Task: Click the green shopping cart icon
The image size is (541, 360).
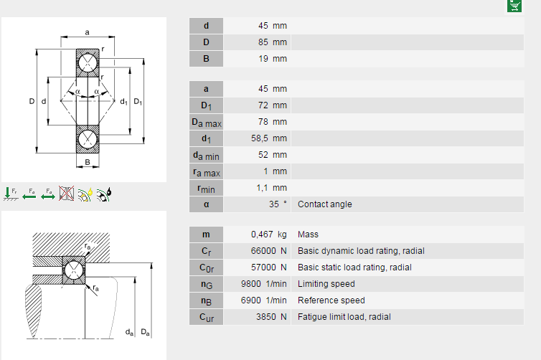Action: click(514, 6)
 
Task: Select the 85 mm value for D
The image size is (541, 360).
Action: click(272, 42)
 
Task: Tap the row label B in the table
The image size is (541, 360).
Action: click(206, 59)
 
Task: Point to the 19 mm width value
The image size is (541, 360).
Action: click(272, 59)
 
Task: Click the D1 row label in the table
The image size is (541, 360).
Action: click(206, 105)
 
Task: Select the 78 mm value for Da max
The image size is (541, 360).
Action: click(272, 122)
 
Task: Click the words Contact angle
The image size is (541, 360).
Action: click(325, 204)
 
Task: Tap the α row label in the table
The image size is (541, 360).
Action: click(206, 204)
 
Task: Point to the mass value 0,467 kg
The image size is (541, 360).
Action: click(268, 235)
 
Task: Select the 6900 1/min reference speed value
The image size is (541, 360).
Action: click(263, 300)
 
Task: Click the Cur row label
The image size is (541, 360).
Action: click(206, 317)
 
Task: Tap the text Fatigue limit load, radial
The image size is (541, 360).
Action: click(344, 317)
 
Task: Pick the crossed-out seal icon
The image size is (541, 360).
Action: click(67, 193)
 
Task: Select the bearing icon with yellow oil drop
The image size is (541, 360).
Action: click(85, 193)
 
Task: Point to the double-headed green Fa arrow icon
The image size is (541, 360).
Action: click(48, 193)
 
